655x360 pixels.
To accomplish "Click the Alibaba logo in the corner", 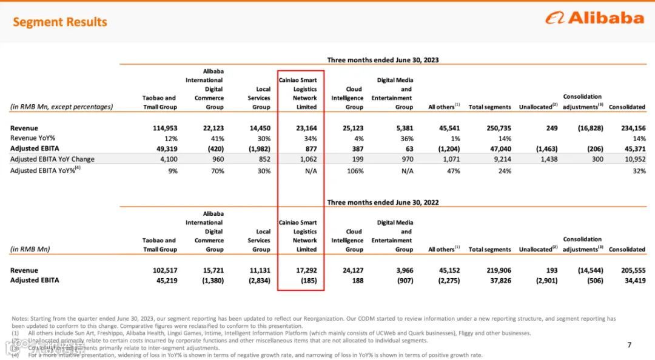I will [594, 18].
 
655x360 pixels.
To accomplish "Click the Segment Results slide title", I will [59, 22].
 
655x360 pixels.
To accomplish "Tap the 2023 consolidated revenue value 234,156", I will [632, 128].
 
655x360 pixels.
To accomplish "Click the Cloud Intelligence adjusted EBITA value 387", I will [357, 148].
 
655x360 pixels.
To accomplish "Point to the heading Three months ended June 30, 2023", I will [383, 60].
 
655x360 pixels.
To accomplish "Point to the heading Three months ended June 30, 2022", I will [383, 202].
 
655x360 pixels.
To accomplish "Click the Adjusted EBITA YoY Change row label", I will [52, 159].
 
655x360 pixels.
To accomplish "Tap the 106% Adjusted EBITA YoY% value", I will [356, 171].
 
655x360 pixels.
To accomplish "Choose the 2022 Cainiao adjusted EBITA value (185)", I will [308, 281].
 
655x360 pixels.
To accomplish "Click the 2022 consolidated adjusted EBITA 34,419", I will [634, 281].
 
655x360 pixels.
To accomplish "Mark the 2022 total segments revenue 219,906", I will [499, 270].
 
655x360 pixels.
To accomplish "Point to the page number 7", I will [629, 345].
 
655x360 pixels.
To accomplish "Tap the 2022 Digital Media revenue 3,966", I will [402, 270].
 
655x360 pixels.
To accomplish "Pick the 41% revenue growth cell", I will [216, 138].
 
